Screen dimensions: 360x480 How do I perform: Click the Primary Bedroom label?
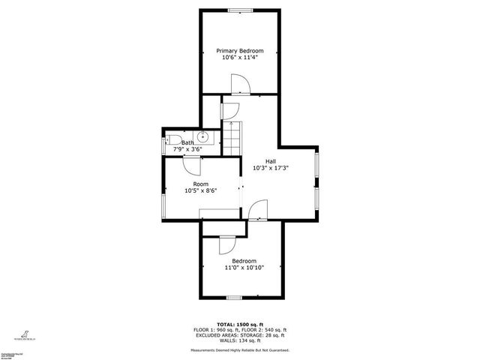click(x=240, y=50)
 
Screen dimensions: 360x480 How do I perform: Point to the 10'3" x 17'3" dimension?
click(x=271, y=168)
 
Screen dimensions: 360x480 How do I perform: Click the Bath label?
click(x=187, y=142)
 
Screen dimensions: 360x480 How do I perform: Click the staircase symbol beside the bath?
click(x=234, y=138)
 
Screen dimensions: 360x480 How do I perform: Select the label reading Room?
click(x=201, y=184)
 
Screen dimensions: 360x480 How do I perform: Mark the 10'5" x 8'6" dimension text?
click(x=201, y=190)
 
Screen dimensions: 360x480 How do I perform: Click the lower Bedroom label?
click(x=244, y=261)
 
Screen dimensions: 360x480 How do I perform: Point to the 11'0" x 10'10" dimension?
click(x=244, y=268)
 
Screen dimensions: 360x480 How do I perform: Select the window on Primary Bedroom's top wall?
click(x=240, y=10)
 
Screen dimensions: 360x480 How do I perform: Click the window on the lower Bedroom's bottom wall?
click(x=234, y=298)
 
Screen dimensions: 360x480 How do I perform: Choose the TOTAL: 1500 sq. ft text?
click(x=239, y=325)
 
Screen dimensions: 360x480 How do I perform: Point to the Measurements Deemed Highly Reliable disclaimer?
click(x=239, y=349)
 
